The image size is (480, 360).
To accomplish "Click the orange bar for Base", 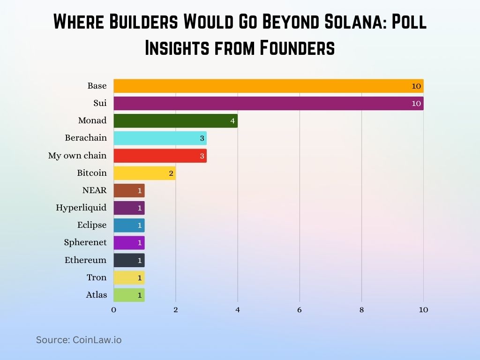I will click(x=268, y=86).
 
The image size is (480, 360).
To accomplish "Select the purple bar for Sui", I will click(x=268, y=103).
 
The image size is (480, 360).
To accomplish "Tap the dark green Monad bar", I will click(x=175, y=120).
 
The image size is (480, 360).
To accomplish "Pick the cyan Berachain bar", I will click(x=160, y=138).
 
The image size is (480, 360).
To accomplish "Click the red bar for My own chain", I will click(x=160, y=156).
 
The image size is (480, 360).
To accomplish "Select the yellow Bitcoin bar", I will click(x=144, y=173).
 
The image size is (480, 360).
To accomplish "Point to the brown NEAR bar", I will click(x=129, y=190).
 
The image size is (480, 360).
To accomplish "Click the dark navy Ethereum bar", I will click(x=129, y=260).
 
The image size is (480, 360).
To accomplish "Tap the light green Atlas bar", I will click(x=129, y=295).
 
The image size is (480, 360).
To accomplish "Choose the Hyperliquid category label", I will click(x=81, y=208).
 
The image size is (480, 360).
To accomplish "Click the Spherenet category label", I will click(x=85, y=242).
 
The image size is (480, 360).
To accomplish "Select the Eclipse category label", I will click(x=92, y=225).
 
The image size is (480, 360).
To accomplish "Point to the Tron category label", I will click(x=97, y=277).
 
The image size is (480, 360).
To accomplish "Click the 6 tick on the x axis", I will click(x=299, y=310).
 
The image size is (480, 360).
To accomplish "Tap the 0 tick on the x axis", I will click(x=113, y=310).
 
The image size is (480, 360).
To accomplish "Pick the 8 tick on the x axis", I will click(x=361, y=310).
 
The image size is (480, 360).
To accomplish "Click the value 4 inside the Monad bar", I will click(x=232, y=121).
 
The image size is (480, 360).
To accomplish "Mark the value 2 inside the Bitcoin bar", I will click(x=171, y=173).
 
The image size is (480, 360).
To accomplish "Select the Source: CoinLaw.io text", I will click(x=79, y=340).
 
